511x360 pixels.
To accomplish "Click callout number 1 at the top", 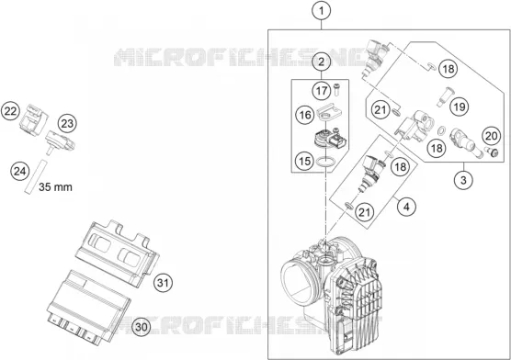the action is (x=322, y=11).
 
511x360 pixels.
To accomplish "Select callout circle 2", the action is (x=322, y=62).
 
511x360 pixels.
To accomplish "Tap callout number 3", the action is (x=463, y=180).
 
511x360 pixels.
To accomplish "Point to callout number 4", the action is (x=406, y=207).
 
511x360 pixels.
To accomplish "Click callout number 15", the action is (x=305, y=161).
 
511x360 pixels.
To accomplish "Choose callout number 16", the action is (x=305, y=115).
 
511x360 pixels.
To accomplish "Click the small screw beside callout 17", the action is (x=336, y=89).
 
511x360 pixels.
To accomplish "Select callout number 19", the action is (x=460, y=107).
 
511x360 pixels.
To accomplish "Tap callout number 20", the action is (x=492, y=136).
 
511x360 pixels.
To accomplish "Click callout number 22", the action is (x=10, y=111).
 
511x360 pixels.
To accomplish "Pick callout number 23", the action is (x=67, y=123).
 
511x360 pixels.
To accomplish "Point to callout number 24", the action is (x=20, y=171).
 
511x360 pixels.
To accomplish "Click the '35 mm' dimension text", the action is (x=55, y=187).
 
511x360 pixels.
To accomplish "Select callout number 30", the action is (x=142, y=327).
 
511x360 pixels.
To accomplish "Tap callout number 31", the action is (x=163, y=283).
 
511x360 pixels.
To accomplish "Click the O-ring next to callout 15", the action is (x=325, y=162).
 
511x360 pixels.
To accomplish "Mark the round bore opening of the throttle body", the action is (x=298, y=280).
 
